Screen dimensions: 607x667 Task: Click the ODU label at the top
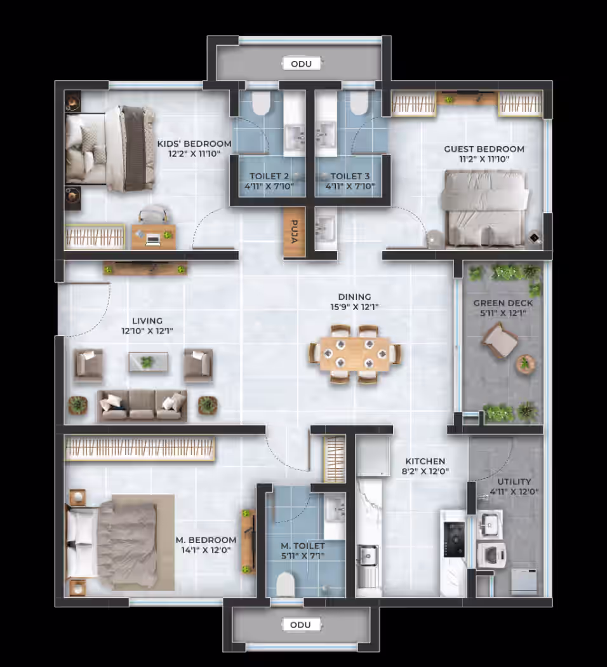[302, 64]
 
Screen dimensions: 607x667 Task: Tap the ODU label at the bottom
[300, 625]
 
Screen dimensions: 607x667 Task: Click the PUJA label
[294, 231]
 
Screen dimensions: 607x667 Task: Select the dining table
[355, 354]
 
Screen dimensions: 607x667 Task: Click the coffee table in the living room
[149, 362]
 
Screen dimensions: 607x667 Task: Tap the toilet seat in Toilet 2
[261, 104]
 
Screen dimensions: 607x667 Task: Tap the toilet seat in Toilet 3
[359, 104]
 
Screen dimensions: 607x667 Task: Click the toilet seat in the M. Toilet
[286, 584]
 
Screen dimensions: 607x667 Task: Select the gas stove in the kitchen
[454, 539]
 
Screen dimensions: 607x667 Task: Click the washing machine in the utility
[491, 555]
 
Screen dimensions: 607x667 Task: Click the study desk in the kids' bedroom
[154, 237]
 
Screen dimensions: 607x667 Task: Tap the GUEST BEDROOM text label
[484, 149]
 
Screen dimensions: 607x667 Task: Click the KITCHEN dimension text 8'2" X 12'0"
[425, 471]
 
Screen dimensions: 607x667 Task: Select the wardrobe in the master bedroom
[140, 449]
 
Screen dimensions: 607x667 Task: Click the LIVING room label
[147, 321]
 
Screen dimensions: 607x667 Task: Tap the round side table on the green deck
[525, 364]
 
